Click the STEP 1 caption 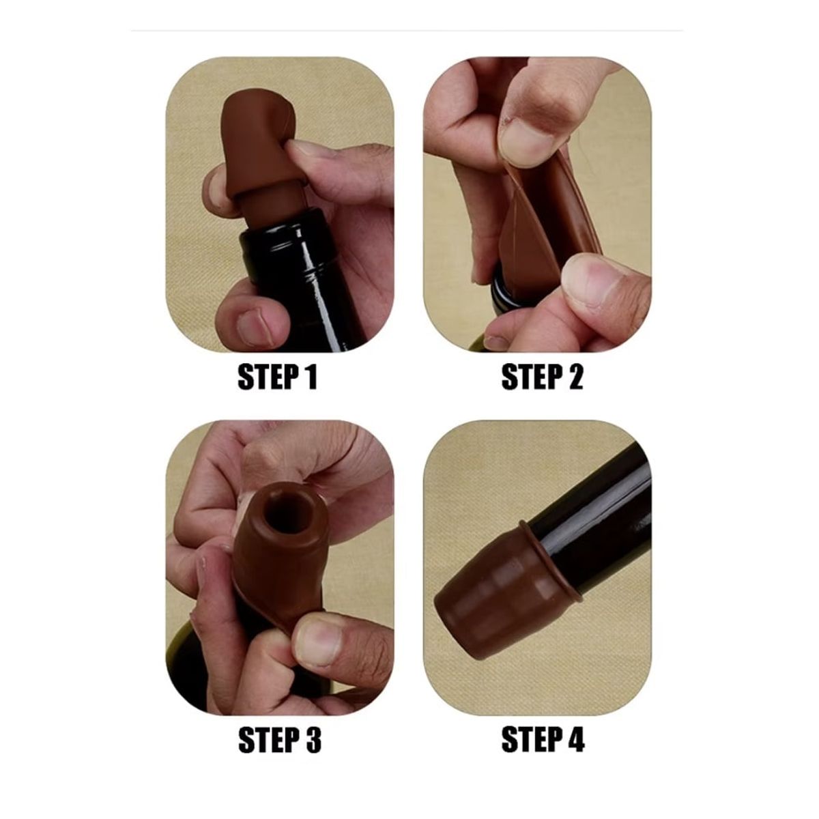278,377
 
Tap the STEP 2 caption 542,377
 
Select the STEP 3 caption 280,740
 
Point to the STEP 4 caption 543,740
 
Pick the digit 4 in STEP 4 575,740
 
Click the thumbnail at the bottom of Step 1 254,324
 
